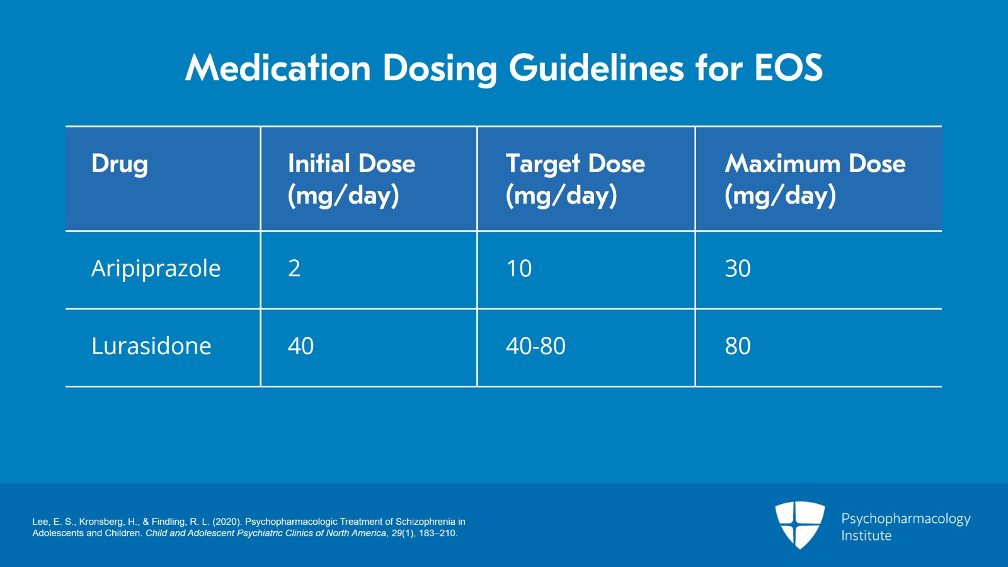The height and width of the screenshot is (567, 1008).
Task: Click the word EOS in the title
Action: pos(788,68)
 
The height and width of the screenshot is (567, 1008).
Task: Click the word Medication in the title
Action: pos(278,68)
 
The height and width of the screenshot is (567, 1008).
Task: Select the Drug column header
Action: pos(120,164)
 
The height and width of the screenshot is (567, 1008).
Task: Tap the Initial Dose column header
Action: pos(352,180)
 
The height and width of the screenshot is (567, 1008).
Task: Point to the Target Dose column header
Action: pos(575,180)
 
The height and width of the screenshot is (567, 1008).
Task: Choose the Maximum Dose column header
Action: pos(815,180)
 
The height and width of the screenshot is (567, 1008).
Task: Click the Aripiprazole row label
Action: pos(156,269)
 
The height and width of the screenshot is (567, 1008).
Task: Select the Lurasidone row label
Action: pos(151,346)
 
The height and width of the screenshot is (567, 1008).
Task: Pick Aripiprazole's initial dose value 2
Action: pos(294,269)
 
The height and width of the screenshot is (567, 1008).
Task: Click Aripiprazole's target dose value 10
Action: pos(519,269)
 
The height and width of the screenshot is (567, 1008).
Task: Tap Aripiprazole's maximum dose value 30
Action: pos(738,269)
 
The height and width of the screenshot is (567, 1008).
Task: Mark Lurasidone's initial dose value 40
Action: pos(301,346)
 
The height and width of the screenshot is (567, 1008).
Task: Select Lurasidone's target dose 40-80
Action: pos(535,346)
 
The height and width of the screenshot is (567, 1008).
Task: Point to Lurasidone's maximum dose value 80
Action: pos(738,346)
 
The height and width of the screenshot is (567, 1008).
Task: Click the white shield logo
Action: pos(799,525)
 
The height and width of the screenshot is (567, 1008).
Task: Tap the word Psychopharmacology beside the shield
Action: pos(906,519)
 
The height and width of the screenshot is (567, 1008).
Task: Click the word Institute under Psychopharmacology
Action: pos(866,535)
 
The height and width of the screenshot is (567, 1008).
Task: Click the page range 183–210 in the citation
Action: pos(437,533)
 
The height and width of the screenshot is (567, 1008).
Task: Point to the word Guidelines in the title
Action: pos(596,68)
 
